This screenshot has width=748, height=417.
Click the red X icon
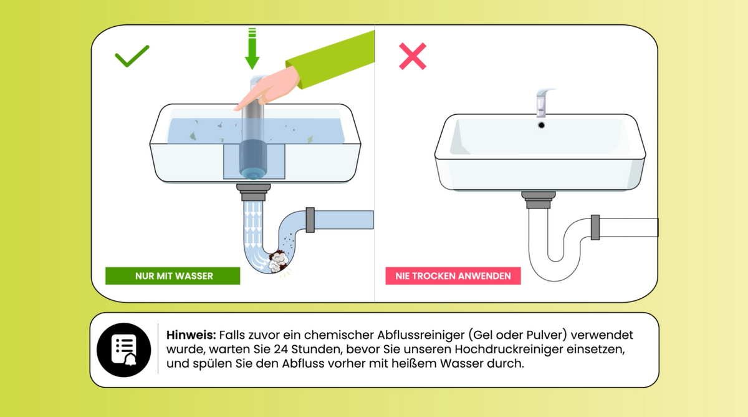click(413, 56)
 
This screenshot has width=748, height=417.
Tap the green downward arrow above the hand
click(252, 49)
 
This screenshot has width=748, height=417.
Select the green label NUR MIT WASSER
click(173, 276)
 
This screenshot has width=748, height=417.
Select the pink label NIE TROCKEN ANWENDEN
click(453, 276)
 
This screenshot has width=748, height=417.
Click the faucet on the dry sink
click(544, 102)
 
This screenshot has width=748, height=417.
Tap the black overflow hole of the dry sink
click(541, 125)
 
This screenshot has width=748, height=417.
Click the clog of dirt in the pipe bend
click(278, 261)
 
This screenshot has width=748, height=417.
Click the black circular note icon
click(124, 350)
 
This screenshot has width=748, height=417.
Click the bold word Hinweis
click(191, 335)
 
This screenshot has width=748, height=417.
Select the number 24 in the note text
click(280, 349)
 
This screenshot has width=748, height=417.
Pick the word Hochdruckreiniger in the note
click(509, 349)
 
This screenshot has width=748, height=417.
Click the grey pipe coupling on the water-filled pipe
click(310, 220)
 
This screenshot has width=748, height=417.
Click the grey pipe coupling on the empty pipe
click(595, 227)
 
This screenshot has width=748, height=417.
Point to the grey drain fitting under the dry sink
click(539, 200)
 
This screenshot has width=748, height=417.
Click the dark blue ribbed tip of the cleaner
click(253, 159)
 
